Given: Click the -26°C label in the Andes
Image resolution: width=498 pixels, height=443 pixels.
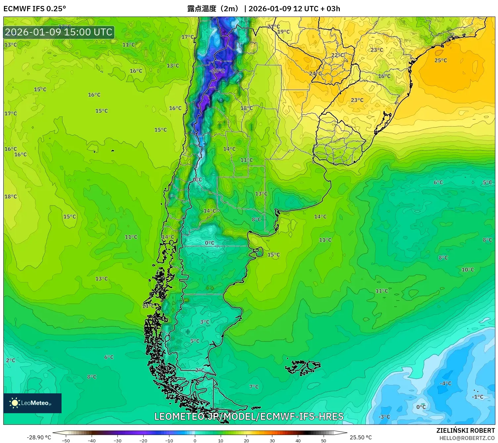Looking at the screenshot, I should pyautogui.click(x=217, y=71).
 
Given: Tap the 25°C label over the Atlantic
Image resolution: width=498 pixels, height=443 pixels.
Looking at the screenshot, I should pyautogui.click(x=440, y=60).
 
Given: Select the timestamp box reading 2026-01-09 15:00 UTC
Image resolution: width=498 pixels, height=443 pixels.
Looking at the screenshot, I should pyautogui.click(x=59, y=32).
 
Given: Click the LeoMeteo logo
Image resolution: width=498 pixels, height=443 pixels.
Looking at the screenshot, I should pyautogui.click(x=32, y=403).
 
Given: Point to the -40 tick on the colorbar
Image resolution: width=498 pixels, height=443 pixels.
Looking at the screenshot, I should pyautogui.click(x=92, y=440).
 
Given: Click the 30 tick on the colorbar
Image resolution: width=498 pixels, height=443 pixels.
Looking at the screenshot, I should pyautogui.click(x=272, y=440).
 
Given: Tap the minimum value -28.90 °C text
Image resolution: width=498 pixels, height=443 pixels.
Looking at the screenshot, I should pyautogui.click(x=39, y=437).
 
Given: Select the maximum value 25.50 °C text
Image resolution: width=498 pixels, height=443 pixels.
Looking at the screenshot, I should pyautogui.click(x=361, y=437).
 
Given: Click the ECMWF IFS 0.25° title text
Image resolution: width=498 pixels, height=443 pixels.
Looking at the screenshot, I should pyautogui.click(x=35, y=9).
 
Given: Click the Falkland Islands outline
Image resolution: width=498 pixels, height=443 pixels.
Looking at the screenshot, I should pyautogui.click(x=303, y=367).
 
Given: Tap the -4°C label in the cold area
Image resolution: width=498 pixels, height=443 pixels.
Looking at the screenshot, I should pyautogui.click(x=445, y=383).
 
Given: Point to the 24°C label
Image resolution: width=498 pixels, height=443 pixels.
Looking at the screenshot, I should pyautogui.click(x=315, y=74).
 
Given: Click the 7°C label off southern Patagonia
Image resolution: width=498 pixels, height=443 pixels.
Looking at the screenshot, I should pyautogui.click(x=254, y=387).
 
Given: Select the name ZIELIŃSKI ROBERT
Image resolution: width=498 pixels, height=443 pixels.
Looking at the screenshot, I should pyautogui.click(x=465, y=430).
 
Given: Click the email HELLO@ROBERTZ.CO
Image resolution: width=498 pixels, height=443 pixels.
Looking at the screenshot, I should pyautogui.click(x=467, y=438).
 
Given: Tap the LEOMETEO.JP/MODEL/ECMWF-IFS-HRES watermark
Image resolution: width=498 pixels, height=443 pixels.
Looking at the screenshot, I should pyautogui.click(x=249, y=416).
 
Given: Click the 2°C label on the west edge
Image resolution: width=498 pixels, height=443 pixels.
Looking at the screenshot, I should pyautogui.click(x=11, y=360).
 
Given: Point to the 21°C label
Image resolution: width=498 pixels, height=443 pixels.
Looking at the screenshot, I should pyautogui.click(x=273, y=26).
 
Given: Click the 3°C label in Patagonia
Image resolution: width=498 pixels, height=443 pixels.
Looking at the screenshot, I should pyautogui.click(x=204, y=322).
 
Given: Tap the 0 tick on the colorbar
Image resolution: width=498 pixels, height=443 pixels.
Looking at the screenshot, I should pyautogui.click(x=195, y=440).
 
